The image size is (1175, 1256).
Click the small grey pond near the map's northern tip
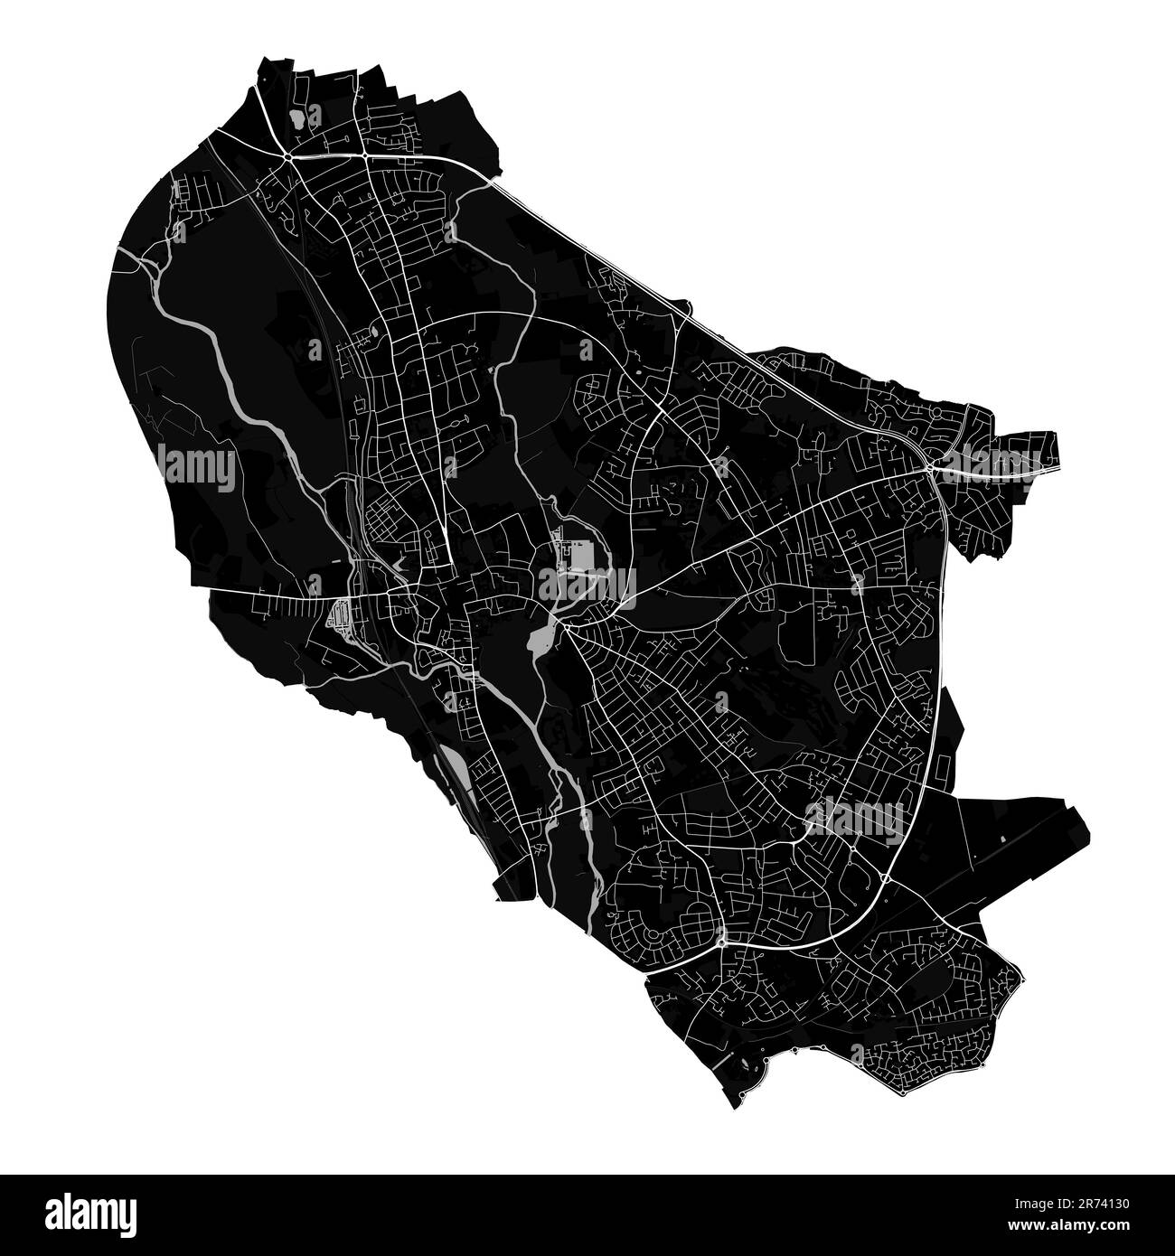295,117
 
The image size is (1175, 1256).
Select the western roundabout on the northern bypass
287,157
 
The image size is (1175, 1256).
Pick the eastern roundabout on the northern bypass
363,156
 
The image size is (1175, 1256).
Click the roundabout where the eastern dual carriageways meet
929,469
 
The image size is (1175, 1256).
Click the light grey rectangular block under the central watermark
579,556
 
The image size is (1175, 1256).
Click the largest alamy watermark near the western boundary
196,467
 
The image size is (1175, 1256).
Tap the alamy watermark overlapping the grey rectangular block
587,586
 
